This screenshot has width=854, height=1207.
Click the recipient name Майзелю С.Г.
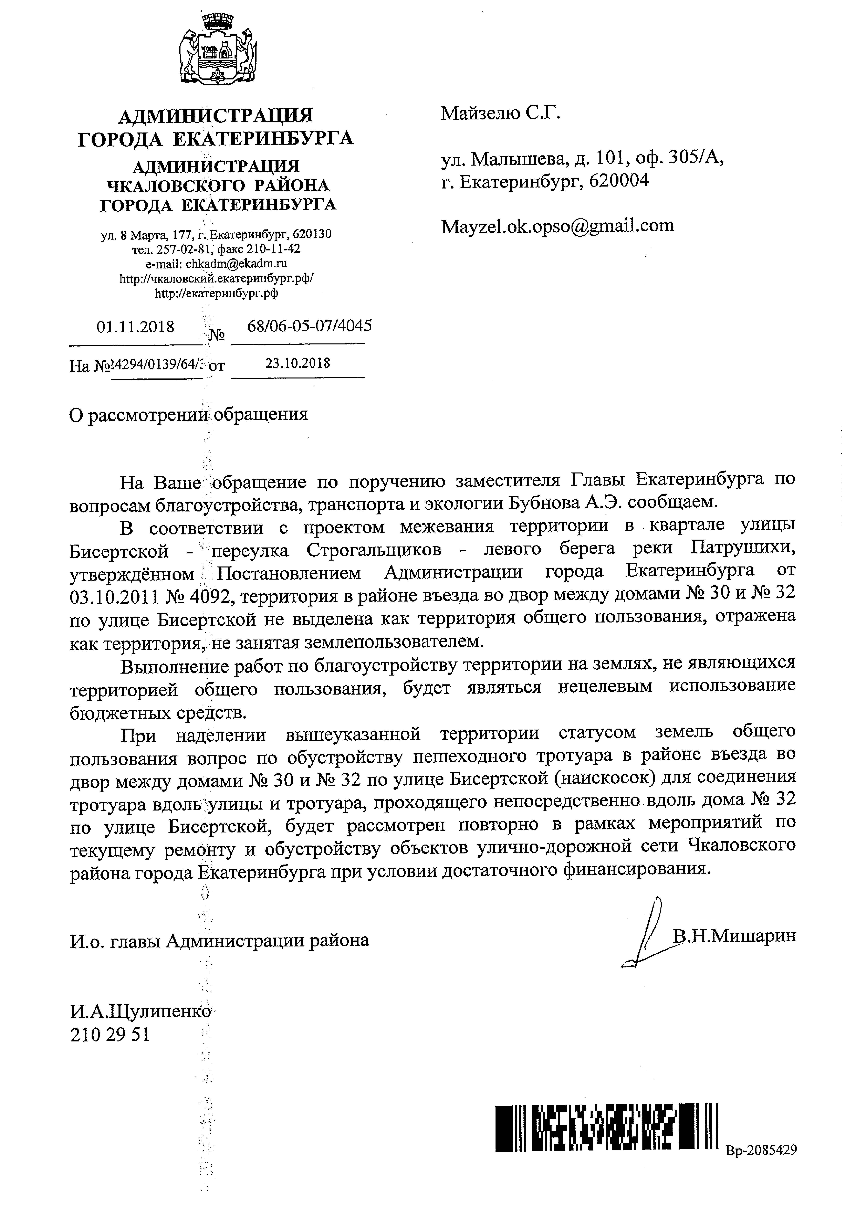tap(501, 113)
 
